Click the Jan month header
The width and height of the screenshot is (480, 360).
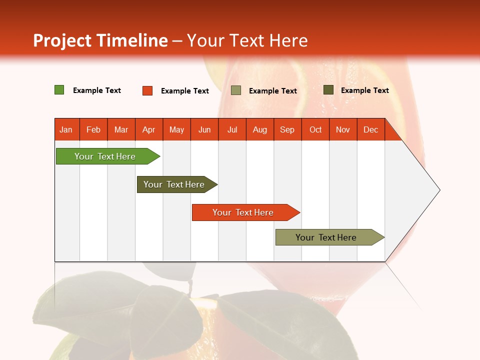[x=66, y=129]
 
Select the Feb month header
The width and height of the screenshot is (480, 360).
[x=93, y=129]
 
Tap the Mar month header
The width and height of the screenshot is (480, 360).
[x=121, y=129]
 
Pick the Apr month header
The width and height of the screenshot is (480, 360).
[x=149, y=129]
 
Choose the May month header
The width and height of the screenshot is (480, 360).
[x=176, y=129]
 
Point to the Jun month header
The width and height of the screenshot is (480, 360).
[x=204, y=129]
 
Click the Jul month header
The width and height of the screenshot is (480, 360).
[x=232, y=129]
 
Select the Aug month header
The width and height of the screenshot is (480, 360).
[x=260, y=129]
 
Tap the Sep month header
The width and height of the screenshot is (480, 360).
[x=287, y=129]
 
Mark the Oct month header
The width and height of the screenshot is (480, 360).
[x=315, y=129]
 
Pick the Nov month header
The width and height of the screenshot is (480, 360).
[x=343, y=129]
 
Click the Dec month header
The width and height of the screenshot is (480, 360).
[x=370, y=129]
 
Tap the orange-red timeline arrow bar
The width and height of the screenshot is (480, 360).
[x=243, y=212]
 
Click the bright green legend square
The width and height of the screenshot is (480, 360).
[x=59, y=90]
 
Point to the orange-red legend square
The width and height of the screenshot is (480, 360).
[x=147, y=90]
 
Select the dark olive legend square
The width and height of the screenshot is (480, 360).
[x=328, y=90]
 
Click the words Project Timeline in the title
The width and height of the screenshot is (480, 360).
[x=100, y=40]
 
